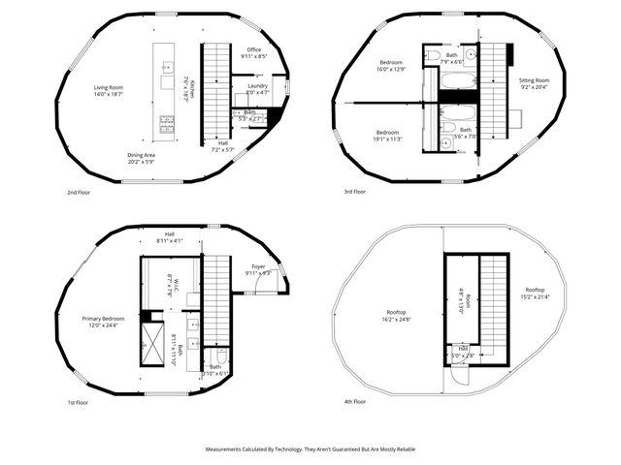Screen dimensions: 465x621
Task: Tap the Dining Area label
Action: click(143, 158)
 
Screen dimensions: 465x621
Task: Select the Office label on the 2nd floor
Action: click(254, 53)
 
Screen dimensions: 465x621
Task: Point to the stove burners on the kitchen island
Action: click(166, 123)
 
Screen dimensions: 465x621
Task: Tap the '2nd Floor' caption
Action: click(79, 192)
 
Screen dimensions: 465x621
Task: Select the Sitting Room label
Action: click(534, 84)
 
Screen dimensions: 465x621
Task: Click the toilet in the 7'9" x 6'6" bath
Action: click(434, 53)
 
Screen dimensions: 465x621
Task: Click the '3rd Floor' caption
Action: click(353, 192)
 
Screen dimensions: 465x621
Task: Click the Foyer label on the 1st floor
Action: click(258, 270)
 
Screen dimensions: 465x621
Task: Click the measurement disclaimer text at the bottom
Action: click(310, 449)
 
